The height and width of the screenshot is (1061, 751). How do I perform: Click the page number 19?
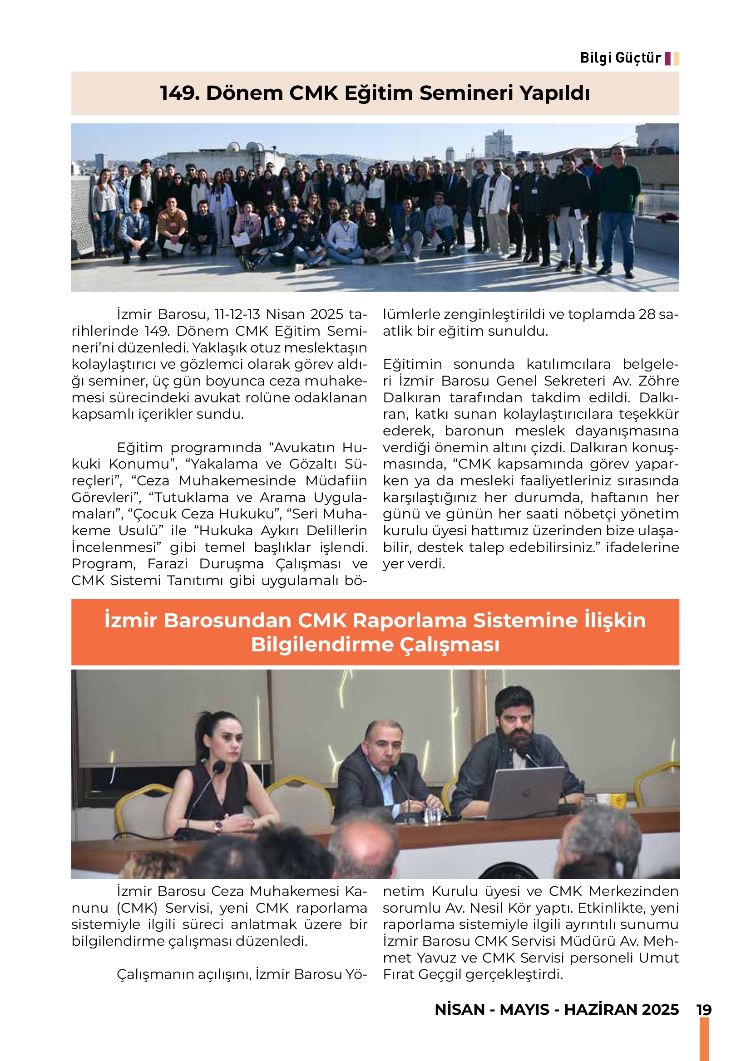click(x=704, y=1010)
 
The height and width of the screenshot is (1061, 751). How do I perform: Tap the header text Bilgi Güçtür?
click(x=620, y=58)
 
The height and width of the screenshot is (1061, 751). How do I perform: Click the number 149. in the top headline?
click(x=180, y=93)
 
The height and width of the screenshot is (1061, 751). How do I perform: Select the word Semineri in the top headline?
click(x=468, y=93)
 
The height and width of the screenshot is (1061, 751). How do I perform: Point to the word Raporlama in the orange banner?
click(x=409, y=621)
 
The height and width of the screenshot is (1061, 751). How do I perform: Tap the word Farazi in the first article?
click(x=168, y=564)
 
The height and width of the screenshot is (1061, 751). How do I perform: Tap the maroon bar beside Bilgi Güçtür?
click(x=667, y=59)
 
